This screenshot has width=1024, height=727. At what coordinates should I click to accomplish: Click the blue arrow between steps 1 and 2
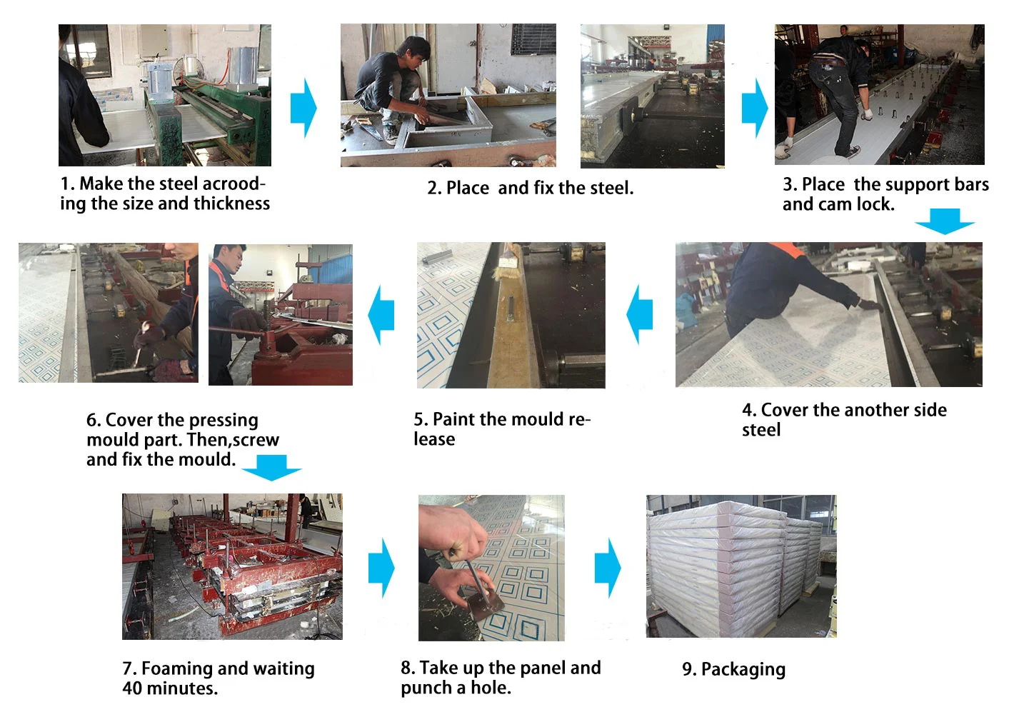point(303,108)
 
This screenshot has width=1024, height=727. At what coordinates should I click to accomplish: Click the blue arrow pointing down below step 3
point(945,221)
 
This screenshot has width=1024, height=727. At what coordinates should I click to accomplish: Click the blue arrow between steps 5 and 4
point(640,314)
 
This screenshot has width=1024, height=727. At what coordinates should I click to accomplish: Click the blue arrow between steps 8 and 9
point(608,568)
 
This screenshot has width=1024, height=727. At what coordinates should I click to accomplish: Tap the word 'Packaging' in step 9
point(743,669)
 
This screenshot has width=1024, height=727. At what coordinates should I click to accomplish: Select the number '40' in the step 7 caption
point(132,688)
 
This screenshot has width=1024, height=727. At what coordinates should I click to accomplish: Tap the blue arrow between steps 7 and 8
point(381,568)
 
